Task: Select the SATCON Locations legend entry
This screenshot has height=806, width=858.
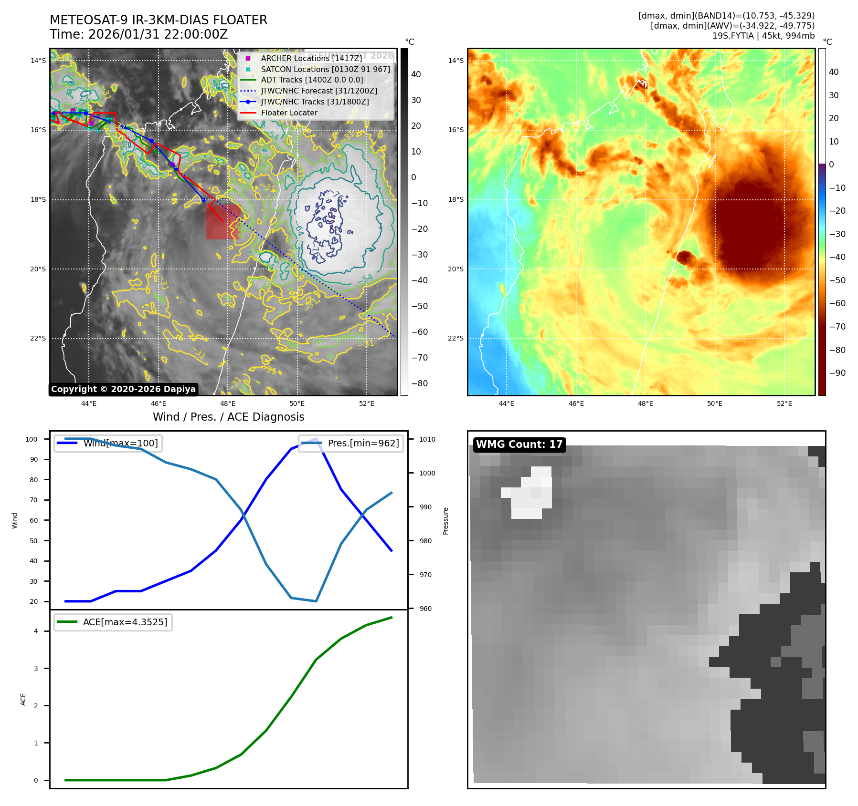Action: click(x=325, y=69)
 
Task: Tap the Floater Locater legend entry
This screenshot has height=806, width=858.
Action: click(x=289, y=113)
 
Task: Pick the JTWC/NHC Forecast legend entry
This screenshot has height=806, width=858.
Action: click(x=318, y=91)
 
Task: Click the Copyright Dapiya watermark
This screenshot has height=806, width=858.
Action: click(x=123, y=389)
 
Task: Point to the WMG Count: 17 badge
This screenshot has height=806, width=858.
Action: click(x=519, y=444)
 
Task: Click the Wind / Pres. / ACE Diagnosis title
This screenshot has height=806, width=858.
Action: click(x=228, y=417)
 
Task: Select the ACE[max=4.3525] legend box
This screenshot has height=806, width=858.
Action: click(x=113, y=622)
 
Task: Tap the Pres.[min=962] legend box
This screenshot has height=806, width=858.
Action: click(x=351, y=443)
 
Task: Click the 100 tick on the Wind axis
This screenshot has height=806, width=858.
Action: click(x=32, y=439)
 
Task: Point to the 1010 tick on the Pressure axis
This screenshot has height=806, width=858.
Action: click(x=427, y=439)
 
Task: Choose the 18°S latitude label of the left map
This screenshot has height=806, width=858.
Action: click(x=38, y=200)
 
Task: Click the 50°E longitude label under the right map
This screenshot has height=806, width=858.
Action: click(x=715, y=404)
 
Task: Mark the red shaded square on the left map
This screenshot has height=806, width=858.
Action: click(x=222, y=222)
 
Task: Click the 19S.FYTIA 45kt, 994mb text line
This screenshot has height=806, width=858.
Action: click(x=763, y=36)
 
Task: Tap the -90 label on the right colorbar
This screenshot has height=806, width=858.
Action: click(x=837, y=373)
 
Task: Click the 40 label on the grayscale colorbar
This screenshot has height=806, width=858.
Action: click(x=416, y=74)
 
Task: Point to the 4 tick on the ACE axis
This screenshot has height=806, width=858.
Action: click(x=36, y=631)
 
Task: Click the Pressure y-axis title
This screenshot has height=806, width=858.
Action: click(x=445, y=521)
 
